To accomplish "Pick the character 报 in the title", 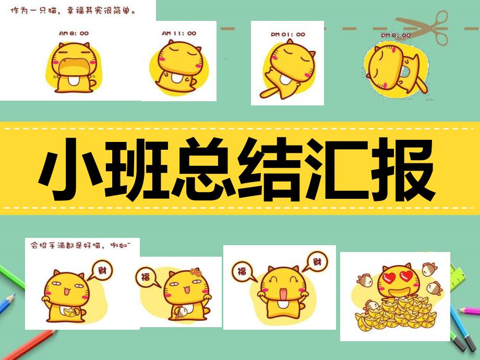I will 404,167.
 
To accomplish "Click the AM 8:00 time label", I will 74,33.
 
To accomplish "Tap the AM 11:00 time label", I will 179,33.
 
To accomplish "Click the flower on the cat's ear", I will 195,272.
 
